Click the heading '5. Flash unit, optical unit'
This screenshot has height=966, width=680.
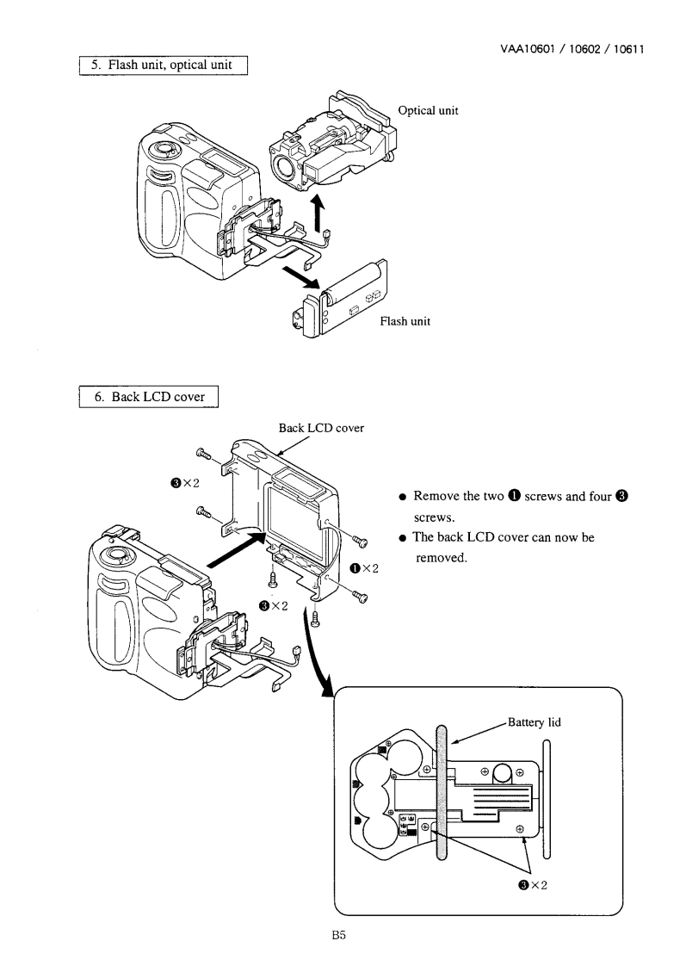[x=164, y=65]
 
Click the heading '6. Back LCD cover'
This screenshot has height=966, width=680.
[x=150, y=397]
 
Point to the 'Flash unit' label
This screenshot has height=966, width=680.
[x=405, y=321]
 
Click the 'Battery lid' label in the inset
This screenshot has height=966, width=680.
[x=534, y=721]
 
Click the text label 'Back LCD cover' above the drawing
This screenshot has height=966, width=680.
[x=321, y=427]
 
